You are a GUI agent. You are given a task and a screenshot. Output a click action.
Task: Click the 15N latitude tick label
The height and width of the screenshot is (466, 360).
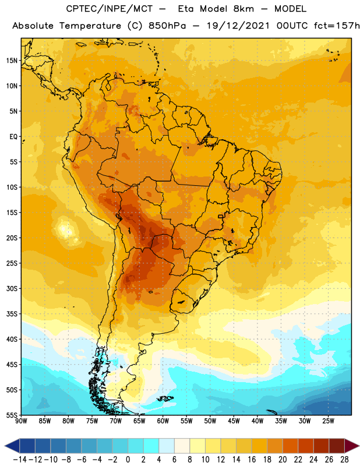pos(12,61)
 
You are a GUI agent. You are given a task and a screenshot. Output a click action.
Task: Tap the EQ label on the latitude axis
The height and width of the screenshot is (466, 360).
pos(13,137)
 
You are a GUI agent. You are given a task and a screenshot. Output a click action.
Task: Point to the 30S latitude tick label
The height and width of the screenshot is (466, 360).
pos(12,288)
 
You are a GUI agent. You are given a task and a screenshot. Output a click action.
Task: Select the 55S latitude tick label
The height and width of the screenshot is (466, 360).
pos(12,415)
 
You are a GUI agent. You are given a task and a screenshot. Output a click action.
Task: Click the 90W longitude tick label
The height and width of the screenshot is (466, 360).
pos(21,421)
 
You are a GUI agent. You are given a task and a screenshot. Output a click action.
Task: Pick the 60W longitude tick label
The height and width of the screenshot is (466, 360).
pos(163,421)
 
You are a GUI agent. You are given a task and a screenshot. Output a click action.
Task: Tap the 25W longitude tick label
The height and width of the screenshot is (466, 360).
pos(329,421)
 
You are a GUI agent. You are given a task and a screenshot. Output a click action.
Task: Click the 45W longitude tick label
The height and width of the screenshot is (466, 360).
pos(234,421)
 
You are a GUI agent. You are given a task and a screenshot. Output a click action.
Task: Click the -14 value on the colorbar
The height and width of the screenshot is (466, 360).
pos(20,460)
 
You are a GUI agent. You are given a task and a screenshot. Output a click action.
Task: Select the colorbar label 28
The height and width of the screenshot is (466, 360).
pos(344,460)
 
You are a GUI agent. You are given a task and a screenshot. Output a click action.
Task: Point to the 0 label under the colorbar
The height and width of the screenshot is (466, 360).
pos(128,460)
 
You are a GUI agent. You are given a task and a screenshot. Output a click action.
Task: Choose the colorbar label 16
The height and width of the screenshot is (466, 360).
pos(252,460)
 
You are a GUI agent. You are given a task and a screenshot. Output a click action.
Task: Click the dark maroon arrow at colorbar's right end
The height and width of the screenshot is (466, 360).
pos(352,446)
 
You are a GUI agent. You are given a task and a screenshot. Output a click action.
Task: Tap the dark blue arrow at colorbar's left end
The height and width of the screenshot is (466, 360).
pos(12,446)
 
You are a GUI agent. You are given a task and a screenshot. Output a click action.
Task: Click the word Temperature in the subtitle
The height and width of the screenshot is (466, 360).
pos(90,26)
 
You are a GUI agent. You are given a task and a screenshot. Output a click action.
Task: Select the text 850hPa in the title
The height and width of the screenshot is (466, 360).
pos(167,26)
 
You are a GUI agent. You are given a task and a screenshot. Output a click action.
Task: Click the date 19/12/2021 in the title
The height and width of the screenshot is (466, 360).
pos(238,26)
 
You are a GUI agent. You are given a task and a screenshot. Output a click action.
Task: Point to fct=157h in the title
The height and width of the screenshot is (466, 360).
pos(337,26)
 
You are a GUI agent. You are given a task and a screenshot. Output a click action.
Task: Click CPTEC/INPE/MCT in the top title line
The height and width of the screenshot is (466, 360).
pos(110,9)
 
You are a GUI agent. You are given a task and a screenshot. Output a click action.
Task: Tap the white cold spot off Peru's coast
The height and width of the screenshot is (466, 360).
pos(64,229)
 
